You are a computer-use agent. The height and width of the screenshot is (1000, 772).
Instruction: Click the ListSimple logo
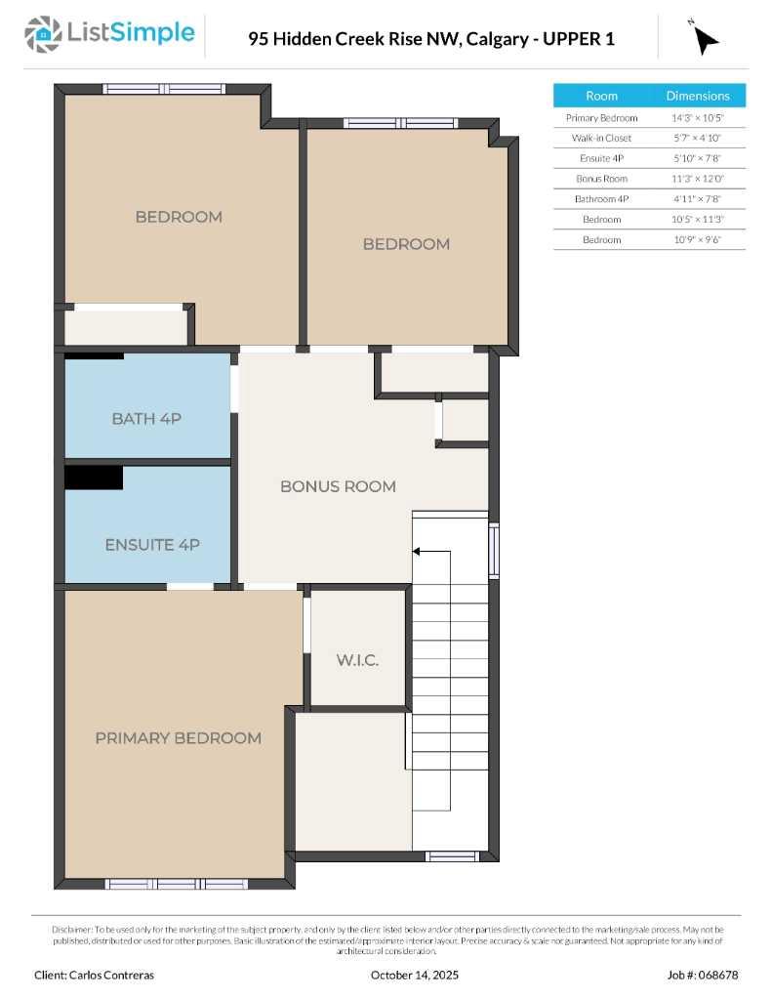[x=109, y=33]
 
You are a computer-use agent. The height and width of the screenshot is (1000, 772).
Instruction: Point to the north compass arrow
[x=704, y=38]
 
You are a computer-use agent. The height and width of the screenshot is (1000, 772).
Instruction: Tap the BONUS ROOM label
[x=338, y=486]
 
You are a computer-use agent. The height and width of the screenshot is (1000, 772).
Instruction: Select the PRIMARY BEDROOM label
[x=178, y=738]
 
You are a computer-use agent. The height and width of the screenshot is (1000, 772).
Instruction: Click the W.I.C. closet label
[x=357, y=661]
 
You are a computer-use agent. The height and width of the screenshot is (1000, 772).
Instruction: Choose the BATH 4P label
[x=146, y=419]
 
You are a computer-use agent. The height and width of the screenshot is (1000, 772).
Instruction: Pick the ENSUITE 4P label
[x=151, y=545]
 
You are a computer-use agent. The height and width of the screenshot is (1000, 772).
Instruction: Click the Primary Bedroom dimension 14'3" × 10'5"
[x=697, y=118]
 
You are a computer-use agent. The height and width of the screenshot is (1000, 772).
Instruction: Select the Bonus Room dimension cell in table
[x=697, y=179]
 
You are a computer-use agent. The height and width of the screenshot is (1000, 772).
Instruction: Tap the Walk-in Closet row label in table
[x=601, y=139]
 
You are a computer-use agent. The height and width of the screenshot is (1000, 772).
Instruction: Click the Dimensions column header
[x=697, y=96]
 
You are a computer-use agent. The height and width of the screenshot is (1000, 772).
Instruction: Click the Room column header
[x=601, y=96]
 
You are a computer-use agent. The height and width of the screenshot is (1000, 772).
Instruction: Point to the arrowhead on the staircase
[x=417, y=552]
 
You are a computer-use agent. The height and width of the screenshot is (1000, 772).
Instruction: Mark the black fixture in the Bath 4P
[x=94, y=356]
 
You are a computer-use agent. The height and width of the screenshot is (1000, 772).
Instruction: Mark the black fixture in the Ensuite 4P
[x=94, y=478]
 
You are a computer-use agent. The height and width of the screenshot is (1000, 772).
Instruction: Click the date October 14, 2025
[x=415, y=975]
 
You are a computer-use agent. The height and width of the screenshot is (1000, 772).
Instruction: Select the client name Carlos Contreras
[x=94, y=975]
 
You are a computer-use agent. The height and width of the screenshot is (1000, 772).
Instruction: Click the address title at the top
[x=431, y=39]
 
